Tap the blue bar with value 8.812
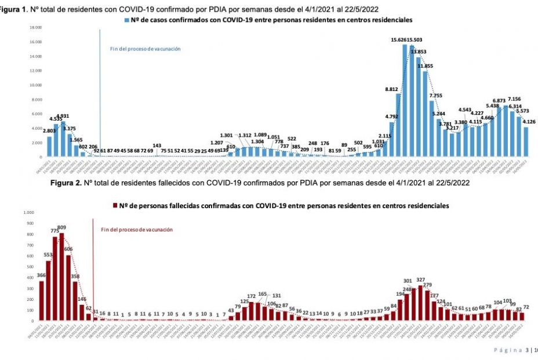pos(398,126)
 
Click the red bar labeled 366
pos(41,301)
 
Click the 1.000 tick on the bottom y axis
pos(28,212)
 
